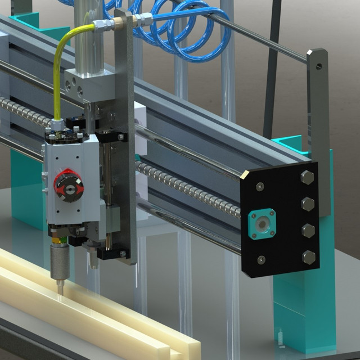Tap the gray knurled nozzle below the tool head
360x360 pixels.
pyautogui.click(x=58, y=261)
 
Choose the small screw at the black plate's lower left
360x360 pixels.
pyautogui.click(x=261, y=259)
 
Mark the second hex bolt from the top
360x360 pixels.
pyautogui.click(x=308, y=202)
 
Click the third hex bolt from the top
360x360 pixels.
pyautogui.click(x=308, y=230)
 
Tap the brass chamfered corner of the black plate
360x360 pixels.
pyautogui.click(x=244, y=177)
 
